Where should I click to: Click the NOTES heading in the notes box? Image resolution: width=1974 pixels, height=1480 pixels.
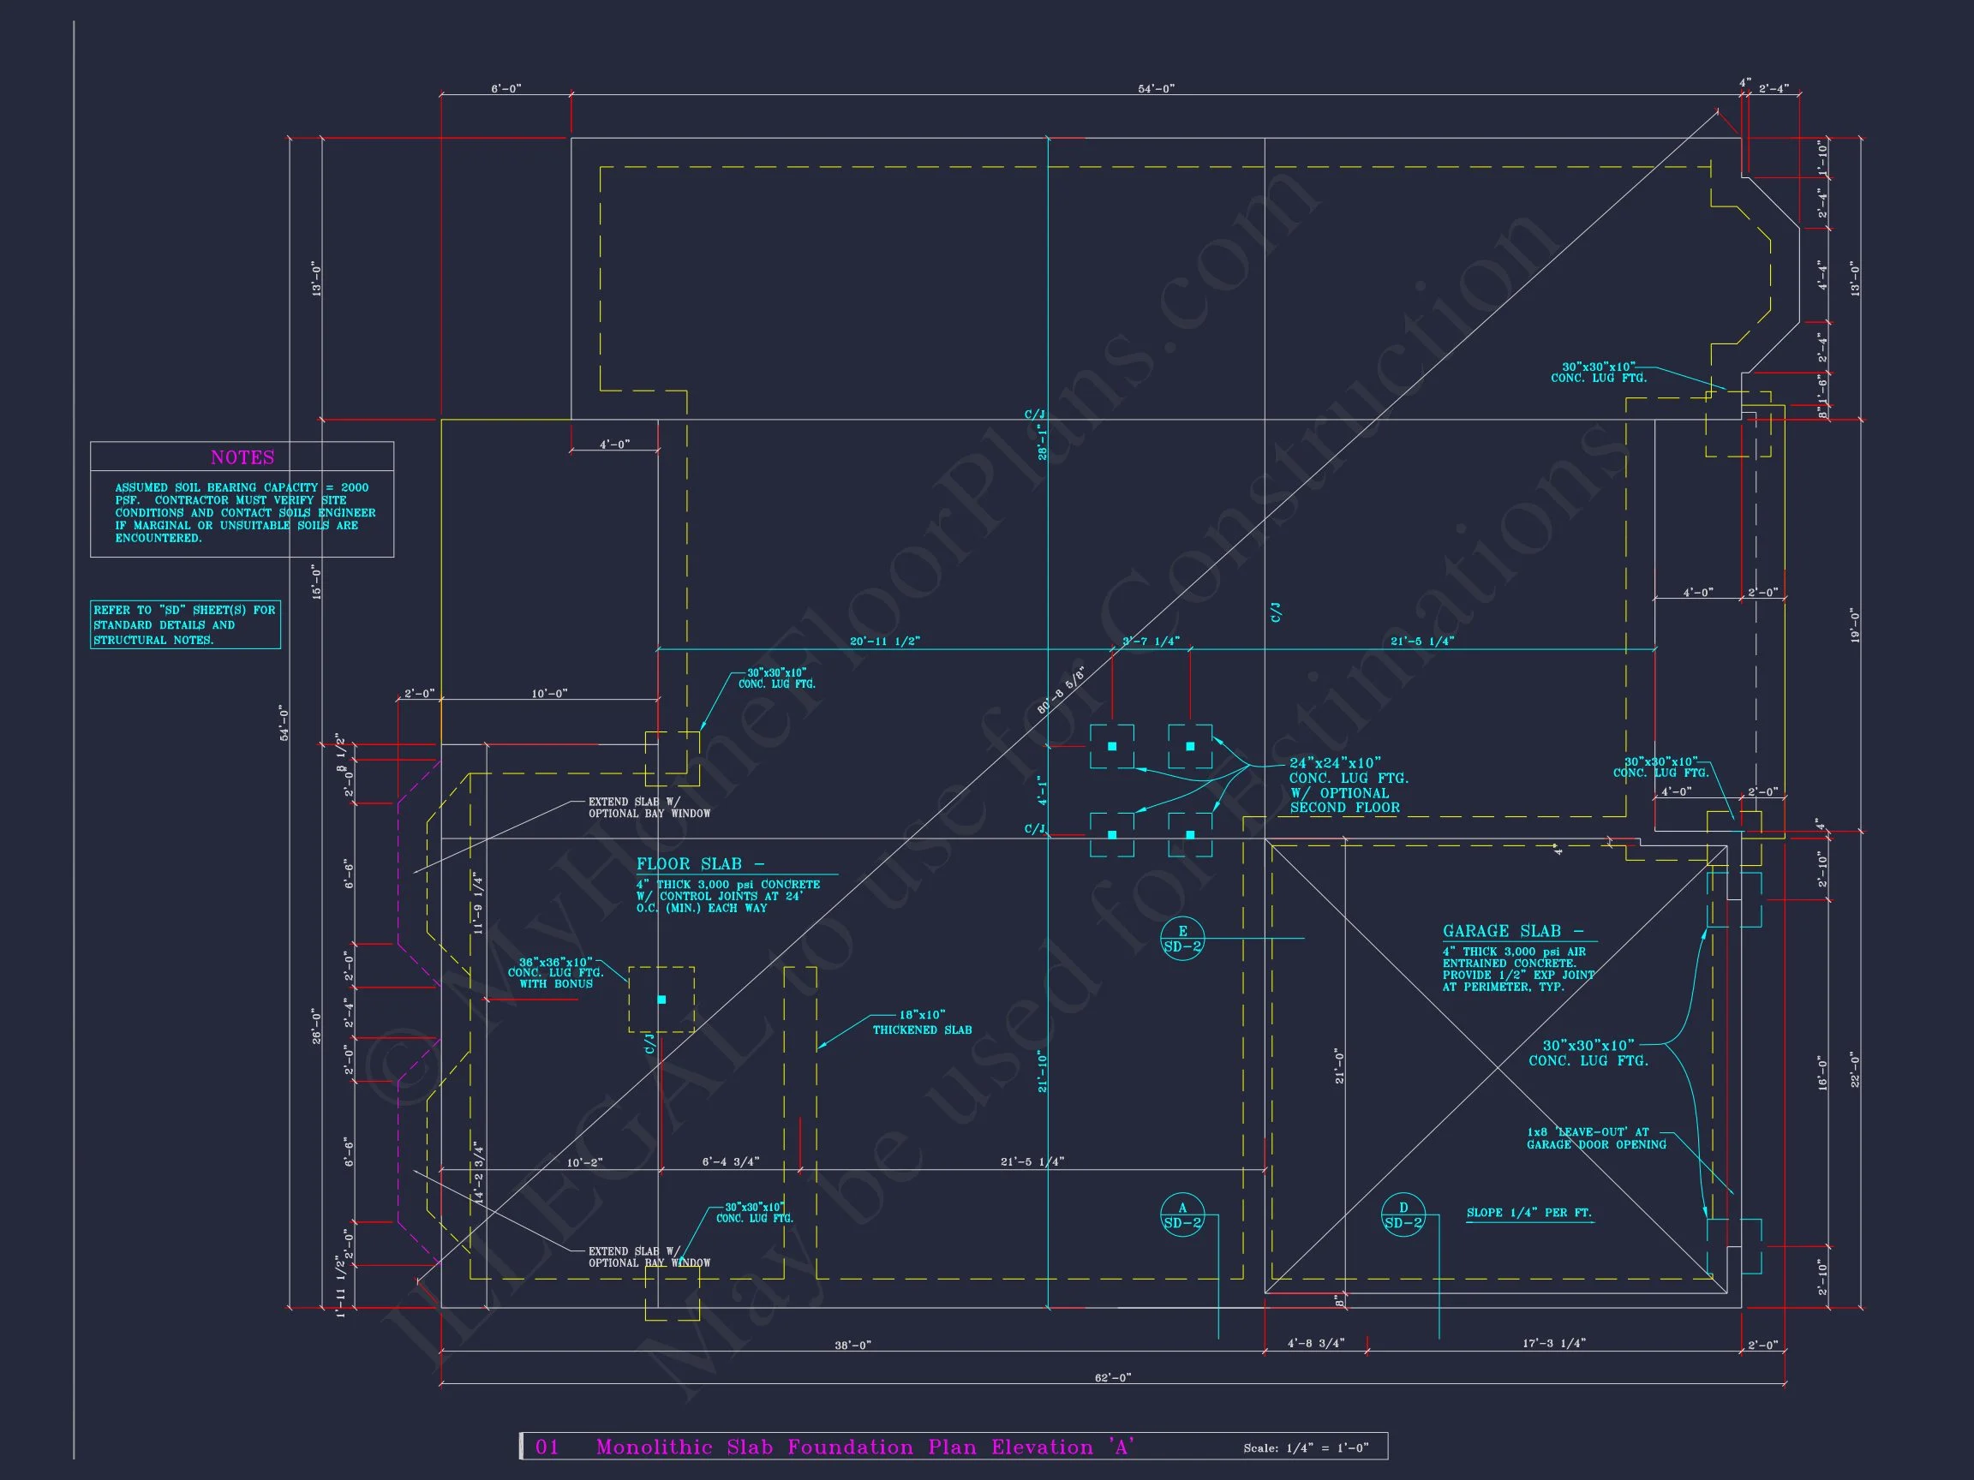[242, 457]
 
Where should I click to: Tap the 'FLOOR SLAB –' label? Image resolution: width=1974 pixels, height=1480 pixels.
[700, 864]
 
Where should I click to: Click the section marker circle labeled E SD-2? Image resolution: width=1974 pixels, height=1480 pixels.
[1182, 940]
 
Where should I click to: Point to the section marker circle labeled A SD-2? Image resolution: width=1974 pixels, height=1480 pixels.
[1182, 1216]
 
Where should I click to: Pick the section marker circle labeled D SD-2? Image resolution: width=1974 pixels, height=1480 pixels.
[1403, 1216]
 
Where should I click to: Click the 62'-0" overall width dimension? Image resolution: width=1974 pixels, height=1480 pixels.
[1112, 1378]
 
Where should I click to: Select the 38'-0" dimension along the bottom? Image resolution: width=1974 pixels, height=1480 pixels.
[852, 1346]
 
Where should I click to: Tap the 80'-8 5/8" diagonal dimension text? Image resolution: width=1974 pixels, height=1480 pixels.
[1061, 690]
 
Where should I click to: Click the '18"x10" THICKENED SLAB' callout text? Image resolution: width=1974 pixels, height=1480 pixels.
[922, 1023]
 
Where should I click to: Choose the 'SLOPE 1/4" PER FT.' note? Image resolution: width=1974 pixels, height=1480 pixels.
[1528, 1214]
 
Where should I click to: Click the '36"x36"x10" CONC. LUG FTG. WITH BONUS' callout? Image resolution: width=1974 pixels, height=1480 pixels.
[556, 972]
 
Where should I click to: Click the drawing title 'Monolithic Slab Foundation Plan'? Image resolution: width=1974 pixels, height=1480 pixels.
[843, 1447]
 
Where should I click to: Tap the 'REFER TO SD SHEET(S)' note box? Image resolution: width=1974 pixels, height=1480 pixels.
[185, 624]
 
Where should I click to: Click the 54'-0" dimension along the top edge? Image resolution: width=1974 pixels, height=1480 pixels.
[1156, 89]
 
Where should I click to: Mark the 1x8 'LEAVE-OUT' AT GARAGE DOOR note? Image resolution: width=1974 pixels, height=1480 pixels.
[1595, 1138]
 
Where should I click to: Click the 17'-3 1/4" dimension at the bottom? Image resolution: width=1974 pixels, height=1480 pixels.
[1553, 1344]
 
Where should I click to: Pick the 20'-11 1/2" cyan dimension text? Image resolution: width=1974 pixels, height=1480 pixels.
[884, 642]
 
